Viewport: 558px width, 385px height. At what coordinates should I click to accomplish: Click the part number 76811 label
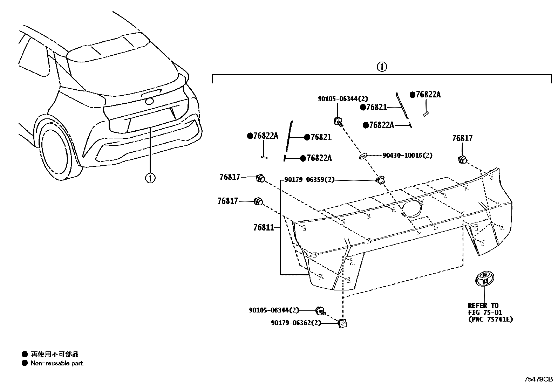[263, 228]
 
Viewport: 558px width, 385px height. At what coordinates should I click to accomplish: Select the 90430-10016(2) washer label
[407, 155]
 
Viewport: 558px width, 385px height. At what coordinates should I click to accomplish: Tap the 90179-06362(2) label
[295, 323]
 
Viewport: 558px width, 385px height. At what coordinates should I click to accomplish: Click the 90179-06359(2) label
[309, 180]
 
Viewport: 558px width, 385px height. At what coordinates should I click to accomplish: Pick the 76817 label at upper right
[462, 138]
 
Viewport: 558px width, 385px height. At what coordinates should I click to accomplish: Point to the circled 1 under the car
[150, 178]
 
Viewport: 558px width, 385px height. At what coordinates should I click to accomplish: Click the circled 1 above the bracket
[381, 67]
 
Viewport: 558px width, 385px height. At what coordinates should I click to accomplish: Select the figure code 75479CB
[538, 379]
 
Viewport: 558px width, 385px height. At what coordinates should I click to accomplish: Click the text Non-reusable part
[57, 363]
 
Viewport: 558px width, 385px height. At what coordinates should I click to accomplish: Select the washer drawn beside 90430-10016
[363, 156]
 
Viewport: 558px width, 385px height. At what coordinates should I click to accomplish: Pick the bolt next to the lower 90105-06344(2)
[321, 310]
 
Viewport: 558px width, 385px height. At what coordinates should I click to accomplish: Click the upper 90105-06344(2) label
[343, 99]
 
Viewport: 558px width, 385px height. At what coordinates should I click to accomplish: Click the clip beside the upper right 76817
[462, 159]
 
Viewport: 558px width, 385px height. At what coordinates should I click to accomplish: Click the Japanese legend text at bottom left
[54, 355]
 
